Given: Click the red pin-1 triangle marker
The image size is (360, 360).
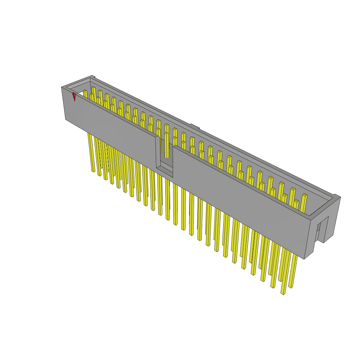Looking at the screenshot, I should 74,97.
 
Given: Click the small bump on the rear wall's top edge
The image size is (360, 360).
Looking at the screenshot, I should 195,126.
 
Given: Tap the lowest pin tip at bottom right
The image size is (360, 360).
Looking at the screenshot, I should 283,292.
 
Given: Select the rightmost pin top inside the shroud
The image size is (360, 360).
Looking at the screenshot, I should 304,196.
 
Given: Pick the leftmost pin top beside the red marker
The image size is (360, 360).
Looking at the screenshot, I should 85,92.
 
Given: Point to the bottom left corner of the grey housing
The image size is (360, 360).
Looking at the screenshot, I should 66,119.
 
